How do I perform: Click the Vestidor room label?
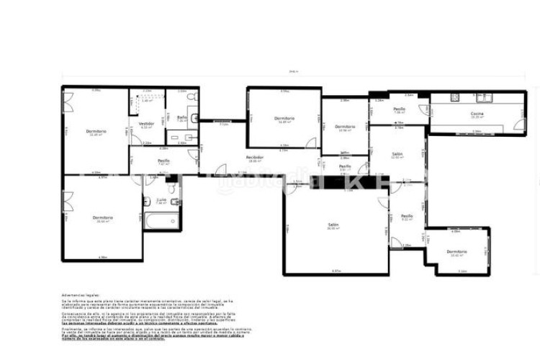(147, 123)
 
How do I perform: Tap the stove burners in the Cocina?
(454, 98)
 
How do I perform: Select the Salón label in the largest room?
(333, 225)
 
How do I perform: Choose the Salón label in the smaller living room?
(397, 154)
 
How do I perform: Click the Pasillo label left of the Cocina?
(398, 109)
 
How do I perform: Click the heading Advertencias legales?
(79, 294)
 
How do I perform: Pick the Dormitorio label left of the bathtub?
(101, 217)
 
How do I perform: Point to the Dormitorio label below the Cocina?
(457, 252)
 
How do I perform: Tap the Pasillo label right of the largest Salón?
(407, 215)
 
